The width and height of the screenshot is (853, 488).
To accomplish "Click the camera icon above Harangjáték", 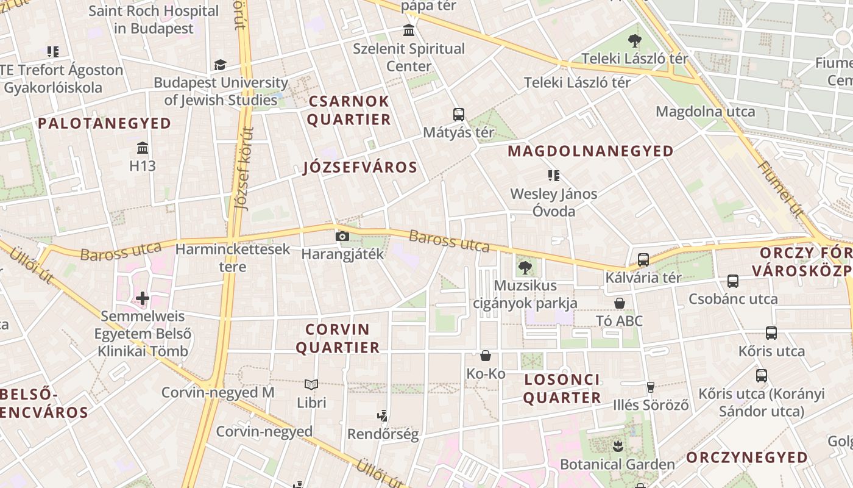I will coord(342,236).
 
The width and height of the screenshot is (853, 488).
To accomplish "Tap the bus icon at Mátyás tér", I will coord(459,114).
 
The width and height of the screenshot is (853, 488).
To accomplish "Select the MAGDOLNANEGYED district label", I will coord(590,151).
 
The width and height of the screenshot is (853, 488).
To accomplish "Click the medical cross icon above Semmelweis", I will coord(143,298).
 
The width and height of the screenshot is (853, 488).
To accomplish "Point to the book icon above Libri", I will coord(311,384).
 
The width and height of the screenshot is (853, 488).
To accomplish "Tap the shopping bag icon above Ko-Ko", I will coord(486,355).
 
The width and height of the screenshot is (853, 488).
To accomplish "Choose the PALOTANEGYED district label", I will coord(104,123).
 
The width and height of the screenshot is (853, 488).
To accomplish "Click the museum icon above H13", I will coord(143,148).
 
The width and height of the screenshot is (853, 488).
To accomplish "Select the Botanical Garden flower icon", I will coord(618,446).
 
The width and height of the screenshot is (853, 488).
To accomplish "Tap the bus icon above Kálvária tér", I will coord(643,260).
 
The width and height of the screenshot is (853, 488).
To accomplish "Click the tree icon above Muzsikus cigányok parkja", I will coord(525,267).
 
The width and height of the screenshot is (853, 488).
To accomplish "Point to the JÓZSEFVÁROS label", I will coord(360,168).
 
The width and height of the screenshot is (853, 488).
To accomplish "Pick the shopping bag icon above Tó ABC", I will coord(620,303).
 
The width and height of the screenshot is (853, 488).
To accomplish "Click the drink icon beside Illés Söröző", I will coord(650,387).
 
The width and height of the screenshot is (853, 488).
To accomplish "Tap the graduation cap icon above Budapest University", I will coord(220,65).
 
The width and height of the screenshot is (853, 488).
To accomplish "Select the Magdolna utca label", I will coord(705,112).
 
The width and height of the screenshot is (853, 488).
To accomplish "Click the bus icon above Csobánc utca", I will coord(733,281).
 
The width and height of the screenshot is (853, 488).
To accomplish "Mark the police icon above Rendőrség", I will coord(383,417).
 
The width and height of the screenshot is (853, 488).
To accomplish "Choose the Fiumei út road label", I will coord(780,188).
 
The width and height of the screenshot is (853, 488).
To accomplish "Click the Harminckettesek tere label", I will coord(233,257).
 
